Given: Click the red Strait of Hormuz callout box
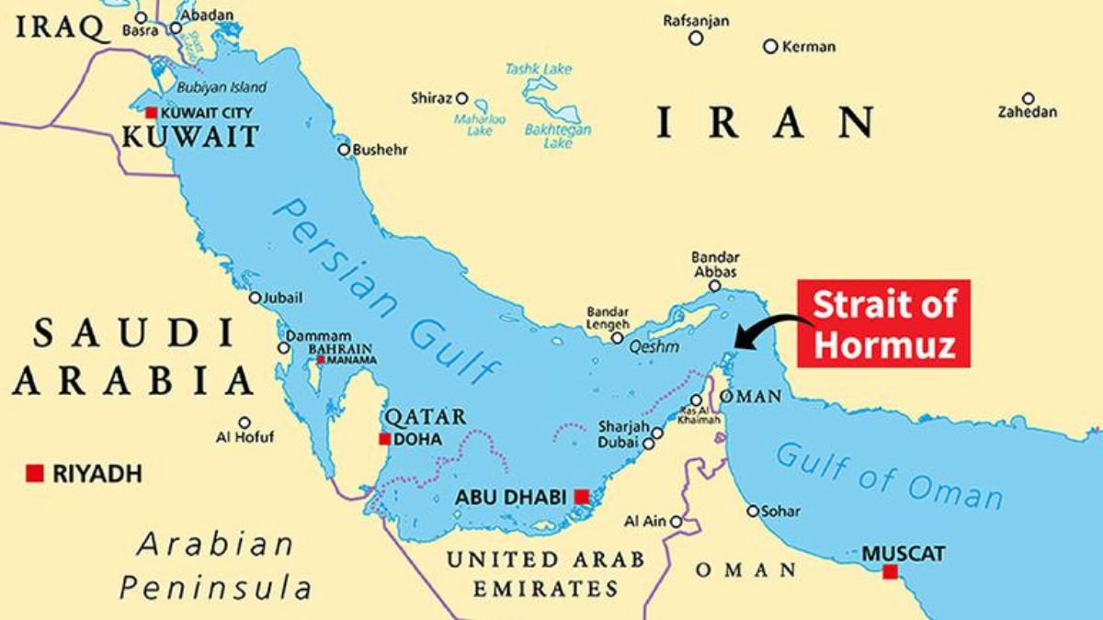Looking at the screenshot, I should click(x=882, y=322).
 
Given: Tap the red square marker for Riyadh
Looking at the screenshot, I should click(x=35, y=473).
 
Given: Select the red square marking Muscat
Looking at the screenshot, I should click(x=890, y=572).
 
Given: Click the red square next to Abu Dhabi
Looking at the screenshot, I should click(x=581, y=497).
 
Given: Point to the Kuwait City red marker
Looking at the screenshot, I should click(x=151, y=112).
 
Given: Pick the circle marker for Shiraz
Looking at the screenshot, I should click(x=462, y=98).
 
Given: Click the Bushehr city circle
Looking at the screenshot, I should click(x=344, y=149).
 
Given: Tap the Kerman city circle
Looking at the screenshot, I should click(x=770, y=46).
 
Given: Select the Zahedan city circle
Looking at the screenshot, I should click(x=1029, y=98).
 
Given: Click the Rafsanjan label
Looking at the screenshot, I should click(x=696, y=19).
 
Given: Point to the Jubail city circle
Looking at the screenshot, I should click(x=256, y=298).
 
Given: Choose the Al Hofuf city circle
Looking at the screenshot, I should click(x=244, y=423).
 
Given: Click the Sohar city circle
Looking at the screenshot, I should click(x=753, y=511).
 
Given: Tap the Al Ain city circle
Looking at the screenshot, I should click(x=677, y=522).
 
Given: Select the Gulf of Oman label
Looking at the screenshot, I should click(x=887, y=475).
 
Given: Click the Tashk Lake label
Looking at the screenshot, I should click(x=538, y=69).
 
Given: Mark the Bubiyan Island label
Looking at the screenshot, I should click(x=223, y=87).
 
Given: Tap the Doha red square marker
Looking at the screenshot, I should click(x=384, y=439).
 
